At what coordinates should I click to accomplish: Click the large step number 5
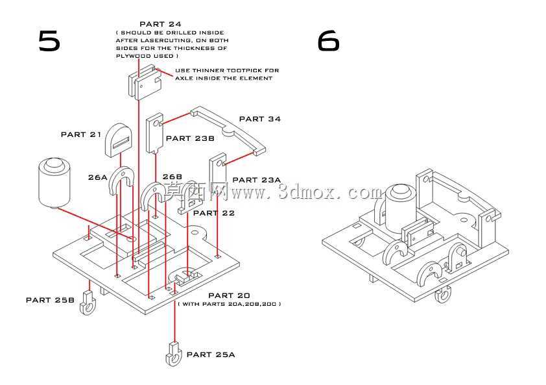click(49, 41)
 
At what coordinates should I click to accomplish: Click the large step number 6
click(328, 40)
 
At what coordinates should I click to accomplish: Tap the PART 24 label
click(160, 24)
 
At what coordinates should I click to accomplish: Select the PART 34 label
click(260, 119)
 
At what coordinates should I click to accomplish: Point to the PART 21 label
click(81, 134)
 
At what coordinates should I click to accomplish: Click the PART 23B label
click(190, 138)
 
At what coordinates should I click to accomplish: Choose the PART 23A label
click(257, 180)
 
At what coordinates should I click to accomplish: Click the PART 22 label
click(214, 213)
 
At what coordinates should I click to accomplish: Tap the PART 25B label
click(50, 300)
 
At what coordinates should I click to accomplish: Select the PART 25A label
click(211, 354)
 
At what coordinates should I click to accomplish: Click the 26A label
click(98, 177)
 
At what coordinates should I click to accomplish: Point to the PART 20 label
click(229, 295)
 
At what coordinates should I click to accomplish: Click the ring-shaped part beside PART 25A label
click(174, 354)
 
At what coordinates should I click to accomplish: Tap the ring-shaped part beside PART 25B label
click(88, 303)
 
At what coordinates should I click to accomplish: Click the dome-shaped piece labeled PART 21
click(118, 140)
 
